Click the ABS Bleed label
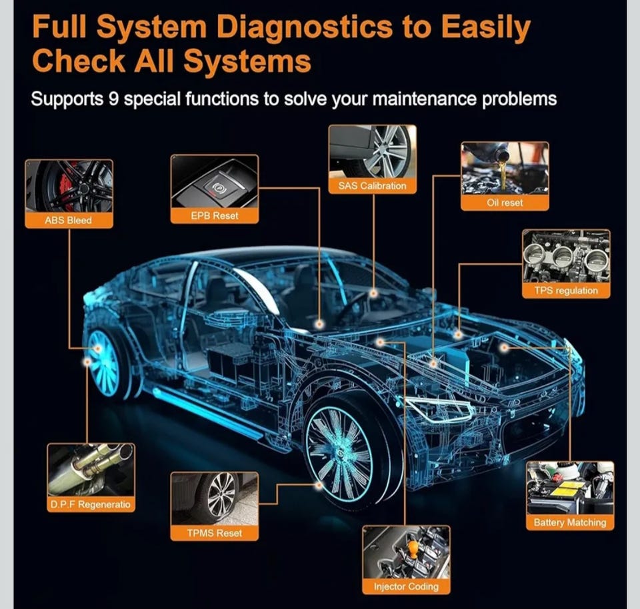[69, 220]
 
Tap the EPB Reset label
[214, 215]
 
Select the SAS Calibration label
[372, 186]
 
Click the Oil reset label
[505, 203]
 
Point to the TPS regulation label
[566, 290]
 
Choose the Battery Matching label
[570, 522]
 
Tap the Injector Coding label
[406, 586]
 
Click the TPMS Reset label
[214, 533]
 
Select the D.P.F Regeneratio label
[91, 504]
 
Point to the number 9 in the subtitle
[113, 99]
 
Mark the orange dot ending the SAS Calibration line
[373, 293]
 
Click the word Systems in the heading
[247, 61]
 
